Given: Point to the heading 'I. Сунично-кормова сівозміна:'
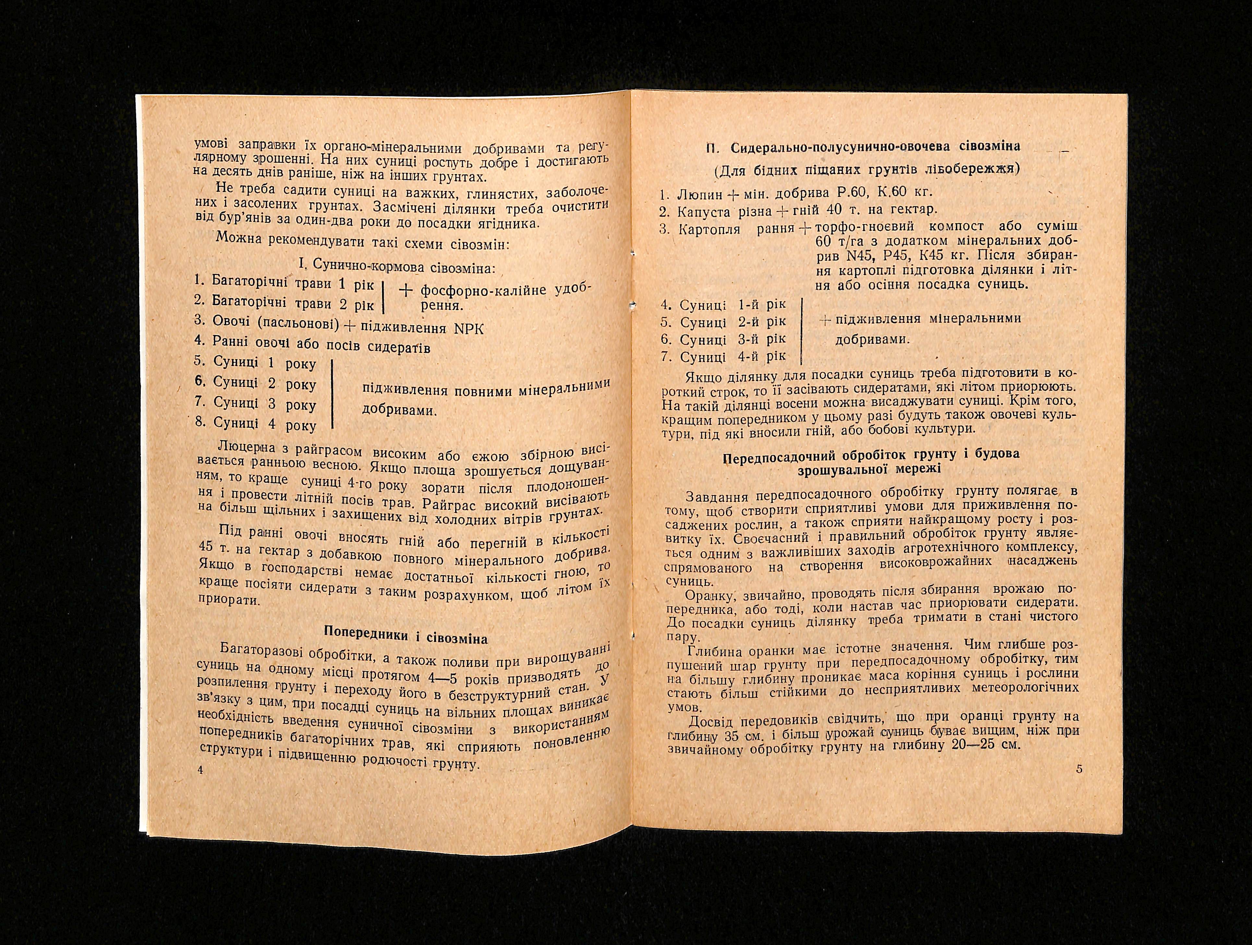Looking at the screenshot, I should click(396, 266).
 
